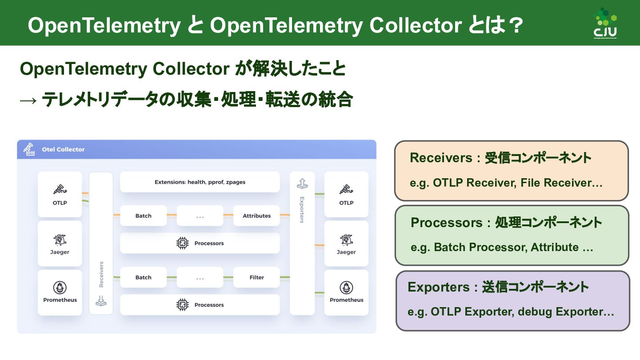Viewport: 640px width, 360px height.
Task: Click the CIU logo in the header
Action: click(605, 23)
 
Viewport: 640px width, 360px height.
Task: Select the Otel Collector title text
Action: click(63, 149)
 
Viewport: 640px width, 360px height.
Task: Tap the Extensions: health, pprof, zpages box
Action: click(200, 182)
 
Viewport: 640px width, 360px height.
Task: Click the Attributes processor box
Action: click(256, 216)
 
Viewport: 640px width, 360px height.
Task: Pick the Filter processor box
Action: click(256, 277)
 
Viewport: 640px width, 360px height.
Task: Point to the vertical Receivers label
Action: click(101, 274)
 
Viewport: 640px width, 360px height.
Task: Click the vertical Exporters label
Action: click(302, 210)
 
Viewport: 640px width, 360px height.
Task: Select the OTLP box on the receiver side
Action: click(60, 194)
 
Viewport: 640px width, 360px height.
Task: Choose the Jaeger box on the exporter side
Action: click(346, 244)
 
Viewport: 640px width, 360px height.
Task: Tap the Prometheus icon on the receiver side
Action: click(60, 288)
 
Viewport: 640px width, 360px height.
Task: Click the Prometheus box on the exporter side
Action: click(346, 292)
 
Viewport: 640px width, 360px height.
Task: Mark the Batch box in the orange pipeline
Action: click(143, 216)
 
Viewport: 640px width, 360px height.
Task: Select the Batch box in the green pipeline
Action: click(143, 277)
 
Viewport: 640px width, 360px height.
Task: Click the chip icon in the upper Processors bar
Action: click(182, 243)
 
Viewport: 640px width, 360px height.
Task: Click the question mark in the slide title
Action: click(514, 25)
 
